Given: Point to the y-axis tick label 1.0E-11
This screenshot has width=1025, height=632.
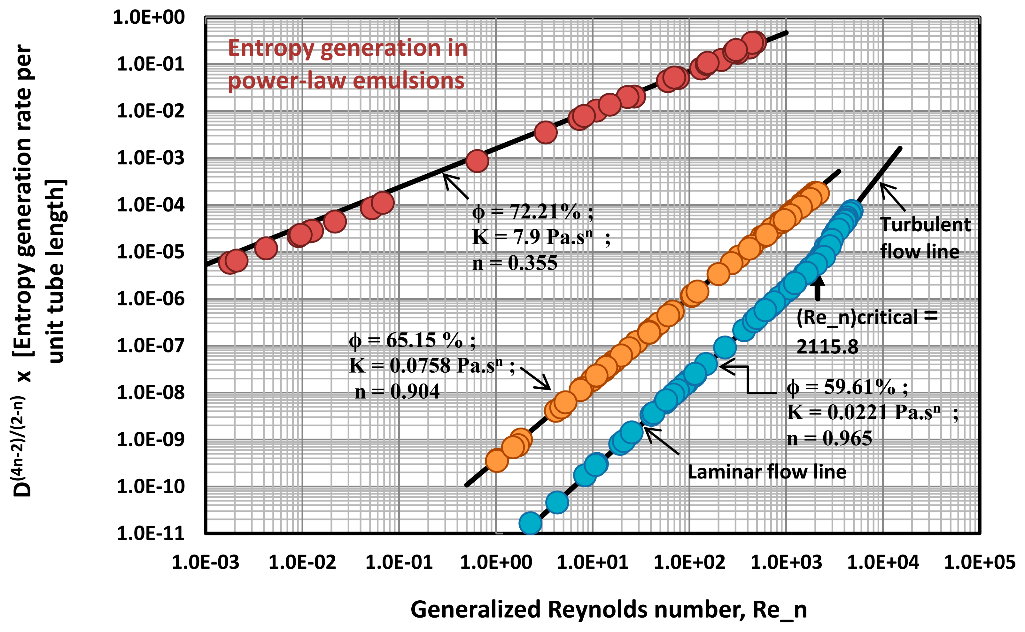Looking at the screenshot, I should click(150, 534).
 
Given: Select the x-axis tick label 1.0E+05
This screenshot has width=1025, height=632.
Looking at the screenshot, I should click(980, 563).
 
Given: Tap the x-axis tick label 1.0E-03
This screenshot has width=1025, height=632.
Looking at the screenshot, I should click(206, 563).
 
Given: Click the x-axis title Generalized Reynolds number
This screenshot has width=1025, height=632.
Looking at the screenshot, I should click(608, 609).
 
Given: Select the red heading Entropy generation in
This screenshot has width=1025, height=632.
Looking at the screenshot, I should click(347, 48).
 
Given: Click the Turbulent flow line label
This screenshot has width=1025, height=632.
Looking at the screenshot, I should click(924, 238).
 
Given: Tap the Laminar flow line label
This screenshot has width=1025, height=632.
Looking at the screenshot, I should click(767, 472).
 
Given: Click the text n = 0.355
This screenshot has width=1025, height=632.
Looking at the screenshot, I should click(515, 263).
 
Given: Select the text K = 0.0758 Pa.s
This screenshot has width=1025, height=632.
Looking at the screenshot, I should click(426, 366).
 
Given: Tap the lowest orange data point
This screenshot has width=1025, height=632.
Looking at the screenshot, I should click(497, 461).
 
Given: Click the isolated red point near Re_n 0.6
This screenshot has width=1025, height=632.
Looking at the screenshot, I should click(477, 161).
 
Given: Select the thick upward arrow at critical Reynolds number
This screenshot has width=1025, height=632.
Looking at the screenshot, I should click(817, 288).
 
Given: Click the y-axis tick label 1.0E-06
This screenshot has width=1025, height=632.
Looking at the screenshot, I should click(150, 299).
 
